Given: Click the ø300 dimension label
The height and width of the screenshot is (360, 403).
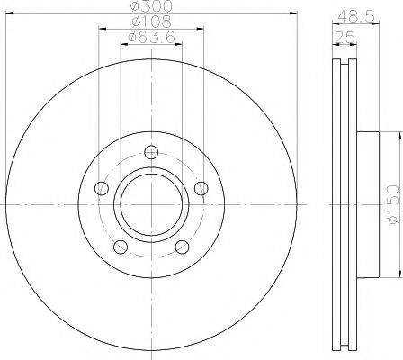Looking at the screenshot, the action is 152,6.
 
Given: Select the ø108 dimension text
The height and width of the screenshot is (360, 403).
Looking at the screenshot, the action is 152,22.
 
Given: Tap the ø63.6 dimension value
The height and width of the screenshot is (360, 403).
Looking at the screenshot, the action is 151,37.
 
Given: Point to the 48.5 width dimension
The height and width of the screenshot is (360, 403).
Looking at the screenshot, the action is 356,17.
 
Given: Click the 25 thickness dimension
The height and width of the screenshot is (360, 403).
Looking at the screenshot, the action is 345,38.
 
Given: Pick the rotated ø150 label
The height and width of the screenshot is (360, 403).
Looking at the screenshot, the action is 393,205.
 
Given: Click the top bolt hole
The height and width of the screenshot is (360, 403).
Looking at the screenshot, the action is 151,152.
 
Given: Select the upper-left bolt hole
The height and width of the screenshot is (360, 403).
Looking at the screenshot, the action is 102,188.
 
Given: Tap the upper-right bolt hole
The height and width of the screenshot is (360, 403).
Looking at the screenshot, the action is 201,188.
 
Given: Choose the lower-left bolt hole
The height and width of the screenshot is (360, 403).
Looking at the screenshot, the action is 121,247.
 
